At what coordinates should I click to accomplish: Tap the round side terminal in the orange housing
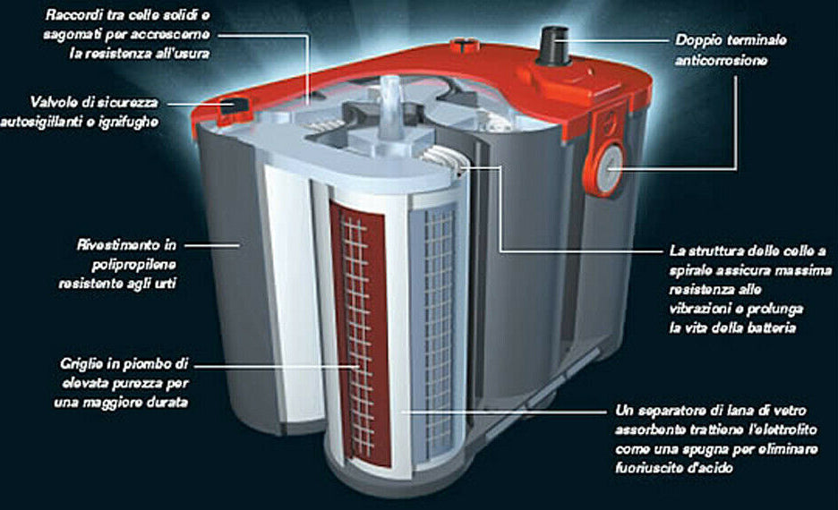pos(609,169)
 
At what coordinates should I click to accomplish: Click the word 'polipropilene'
pos(133,264)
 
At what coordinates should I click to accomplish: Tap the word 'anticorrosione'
pos(721,60)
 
